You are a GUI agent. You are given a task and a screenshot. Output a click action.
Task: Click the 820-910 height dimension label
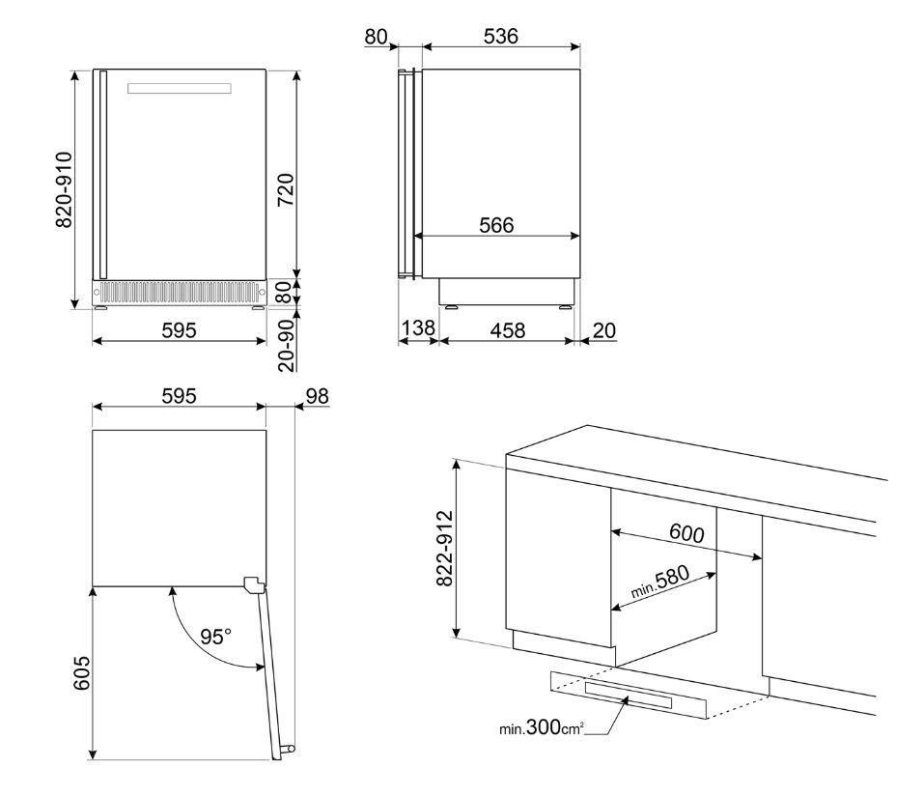click(64, 190)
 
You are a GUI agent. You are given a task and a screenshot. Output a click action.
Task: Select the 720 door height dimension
click(286, 190)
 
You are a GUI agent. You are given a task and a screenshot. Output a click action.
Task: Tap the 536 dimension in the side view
click(500, 36)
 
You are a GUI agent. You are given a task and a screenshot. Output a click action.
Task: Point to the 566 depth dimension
click(496, 225)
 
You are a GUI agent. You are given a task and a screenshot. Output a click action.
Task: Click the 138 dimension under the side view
click(417, 330)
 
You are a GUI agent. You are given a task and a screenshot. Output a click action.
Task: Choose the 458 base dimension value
click(507, 330)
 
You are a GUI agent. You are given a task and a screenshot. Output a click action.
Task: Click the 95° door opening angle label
click(216, 637)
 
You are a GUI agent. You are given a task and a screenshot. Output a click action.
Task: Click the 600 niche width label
click(686, 532)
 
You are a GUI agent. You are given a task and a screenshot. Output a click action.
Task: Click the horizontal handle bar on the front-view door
click(180, 89)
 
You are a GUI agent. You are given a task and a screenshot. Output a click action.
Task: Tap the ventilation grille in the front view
click(180, 291)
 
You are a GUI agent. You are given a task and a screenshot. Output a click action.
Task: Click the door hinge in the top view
click(253, 584)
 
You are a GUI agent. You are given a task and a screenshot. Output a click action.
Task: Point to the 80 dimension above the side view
click(376, 36)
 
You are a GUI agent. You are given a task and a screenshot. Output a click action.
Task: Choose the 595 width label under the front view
click(179, 330)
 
